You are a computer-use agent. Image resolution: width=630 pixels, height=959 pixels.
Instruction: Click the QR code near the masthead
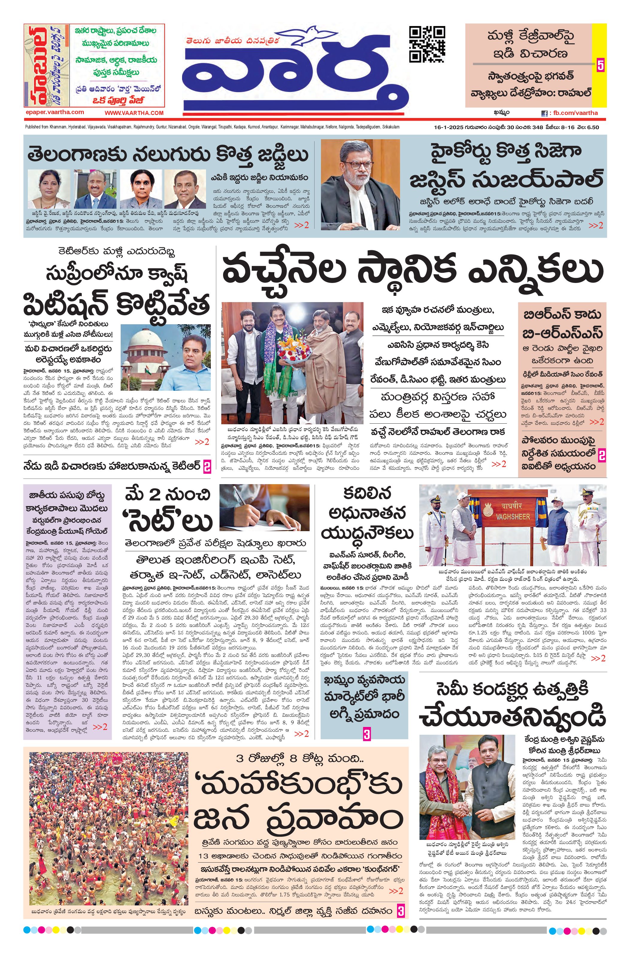click(427, 44)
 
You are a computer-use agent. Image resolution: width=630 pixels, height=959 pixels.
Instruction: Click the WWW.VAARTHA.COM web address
click(134, 113)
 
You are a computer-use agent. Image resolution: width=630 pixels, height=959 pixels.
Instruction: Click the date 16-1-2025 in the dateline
click(445, 127)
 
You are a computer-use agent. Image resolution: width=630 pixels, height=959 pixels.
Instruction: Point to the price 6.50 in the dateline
click(593, 127)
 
